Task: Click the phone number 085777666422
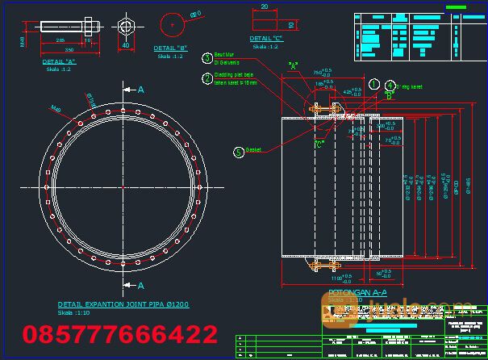pos(120,334)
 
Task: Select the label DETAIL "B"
pos(171,48)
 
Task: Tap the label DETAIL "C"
pos(267,39)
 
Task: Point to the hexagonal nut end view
pos(124,26)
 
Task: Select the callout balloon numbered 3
pos(208,58)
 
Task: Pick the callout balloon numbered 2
pos(208,78)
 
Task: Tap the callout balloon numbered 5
pos(239,151)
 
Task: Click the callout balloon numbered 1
pos(374,83)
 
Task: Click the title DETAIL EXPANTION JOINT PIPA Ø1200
pos(123,304)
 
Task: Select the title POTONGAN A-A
pos(357,291)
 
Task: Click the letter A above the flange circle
pos(140,90)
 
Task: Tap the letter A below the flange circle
pos(140,286)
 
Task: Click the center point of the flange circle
pos(123,188)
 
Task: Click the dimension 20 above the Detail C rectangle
pos(265,6)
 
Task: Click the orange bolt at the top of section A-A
pos(325,110)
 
